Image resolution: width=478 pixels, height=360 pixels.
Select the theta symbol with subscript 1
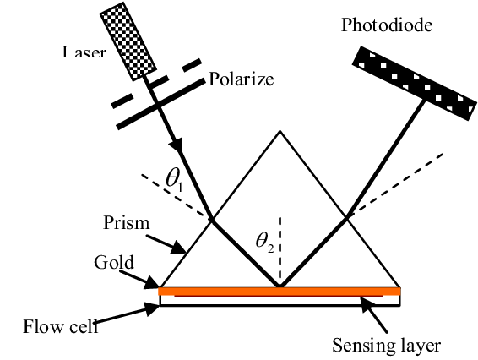coord(172,177)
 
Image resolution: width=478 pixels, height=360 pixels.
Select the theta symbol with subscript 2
coord(262,239)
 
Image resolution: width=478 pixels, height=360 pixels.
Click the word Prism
coord(126,223)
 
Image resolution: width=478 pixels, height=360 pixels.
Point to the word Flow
coord(40,327)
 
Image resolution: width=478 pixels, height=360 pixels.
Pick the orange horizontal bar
coord(279,292)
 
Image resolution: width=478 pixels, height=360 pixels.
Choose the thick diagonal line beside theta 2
coord(248,256)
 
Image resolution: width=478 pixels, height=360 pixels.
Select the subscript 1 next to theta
coord(181,183)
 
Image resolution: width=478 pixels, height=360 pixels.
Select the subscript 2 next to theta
coord(270,246)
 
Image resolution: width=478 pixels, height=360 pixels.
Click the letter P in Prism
coord(108,223)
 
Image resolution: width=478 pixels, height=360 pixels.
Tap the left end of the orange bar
coord(160,292)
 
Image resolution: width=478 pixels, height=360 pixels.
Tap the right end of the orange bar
coord(398,292)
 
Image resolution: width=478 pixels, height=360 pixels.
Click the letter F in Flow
coord(28,327)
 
